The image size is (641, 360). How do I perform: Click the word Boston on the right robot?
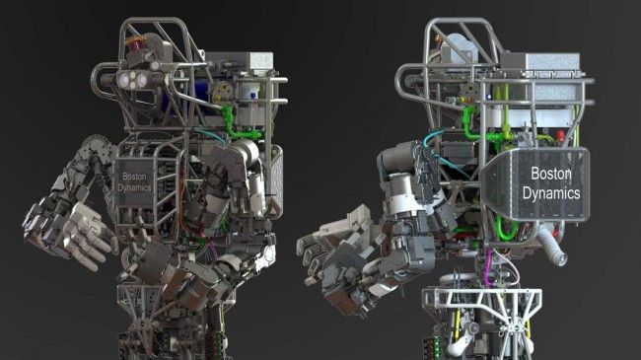550,174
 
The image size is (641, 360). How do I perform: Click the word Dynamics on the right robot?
551,193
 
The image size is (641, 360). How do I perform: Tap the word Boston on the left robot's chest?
134,177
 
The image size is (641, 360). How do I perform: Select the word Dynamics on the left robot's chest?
134,187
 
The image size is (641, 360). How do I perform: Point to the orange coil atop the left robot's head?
136,40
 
